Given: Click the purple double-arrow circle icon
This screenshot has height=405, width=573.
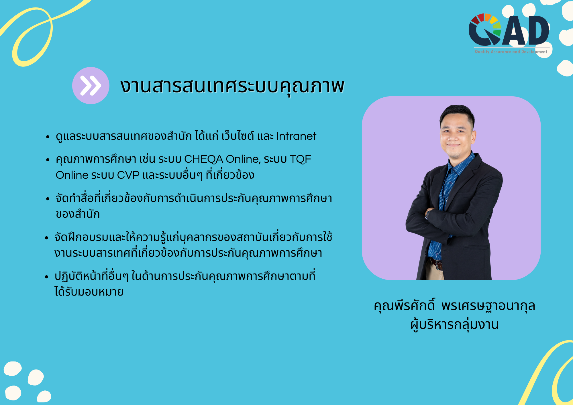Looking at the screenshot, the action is click(x=91, y=85).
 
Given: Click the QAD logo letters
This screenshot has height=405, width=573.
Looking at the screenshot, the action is click(x=509, y=30).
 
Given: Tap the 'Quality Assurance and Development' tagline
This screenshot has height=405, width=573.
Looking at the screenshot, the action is click(x=511, y=52).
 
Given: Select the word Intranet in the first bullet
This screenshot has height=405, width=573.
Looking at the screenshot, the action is click(x=296, y=136).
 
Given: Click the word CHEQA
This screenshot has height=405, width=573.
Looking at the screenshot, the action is click(x=203, y=159).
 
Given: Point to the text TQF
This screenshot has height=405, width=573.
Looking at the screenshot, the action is click(x=300, y=159).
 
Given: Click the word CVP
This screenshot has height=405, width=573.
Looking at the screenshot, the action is click(x=128, y=175).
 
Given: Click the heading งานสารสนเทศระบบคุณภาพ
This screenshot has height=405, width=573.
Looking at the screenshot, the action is click(x=232, y=86).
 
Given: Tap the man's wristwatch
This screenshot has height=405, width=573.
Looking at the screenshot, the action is click(x=428, y=214).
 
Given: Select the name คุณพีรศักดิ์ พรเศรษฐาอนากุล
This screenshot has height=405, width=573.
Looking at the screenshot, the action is click(x=454, y=306).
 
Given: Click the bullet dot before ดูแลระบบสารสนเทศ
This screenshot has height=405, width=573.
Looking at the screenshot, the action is click(x=48, y=137).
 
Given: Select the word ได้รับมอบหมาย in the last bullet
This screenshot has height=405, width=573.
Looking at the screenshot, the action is click(x=89, y=292).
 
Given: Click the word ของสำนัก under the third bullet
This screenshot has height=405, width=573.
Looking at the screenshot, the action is click(x=78, y=214).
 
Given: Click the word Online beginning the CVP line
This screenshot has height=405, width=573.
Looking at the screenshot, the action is click(x=72, y=175).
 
